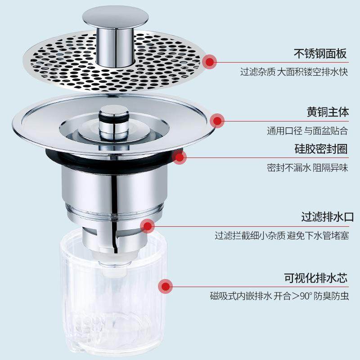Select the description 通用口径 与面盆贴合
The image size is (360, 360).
(307, 131)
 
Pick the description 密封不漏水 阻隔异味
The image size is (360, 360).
(307, 167)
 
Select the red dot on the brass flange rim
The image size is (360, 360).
(218, 121)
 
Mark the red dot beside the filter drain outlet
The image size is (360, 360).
(147, 225)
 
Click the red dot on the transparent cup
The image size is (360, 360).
(166, 285)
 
